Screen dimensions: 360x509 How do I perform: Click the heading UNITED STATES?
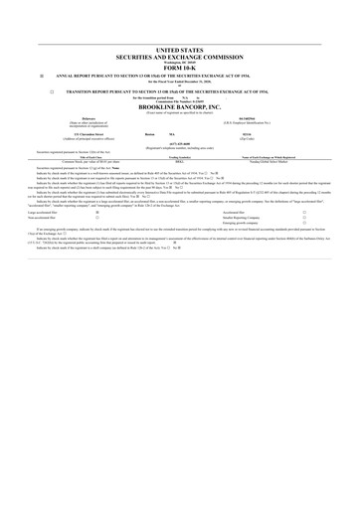(179, 48)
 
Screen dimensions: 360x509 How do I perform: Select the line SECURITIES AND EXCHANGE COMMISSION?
(179, 55)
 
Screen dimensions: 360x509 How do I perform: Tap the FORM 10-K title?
(179, 68)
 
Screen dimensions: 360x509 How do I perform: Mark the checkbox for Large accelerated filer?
(96, 212)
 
